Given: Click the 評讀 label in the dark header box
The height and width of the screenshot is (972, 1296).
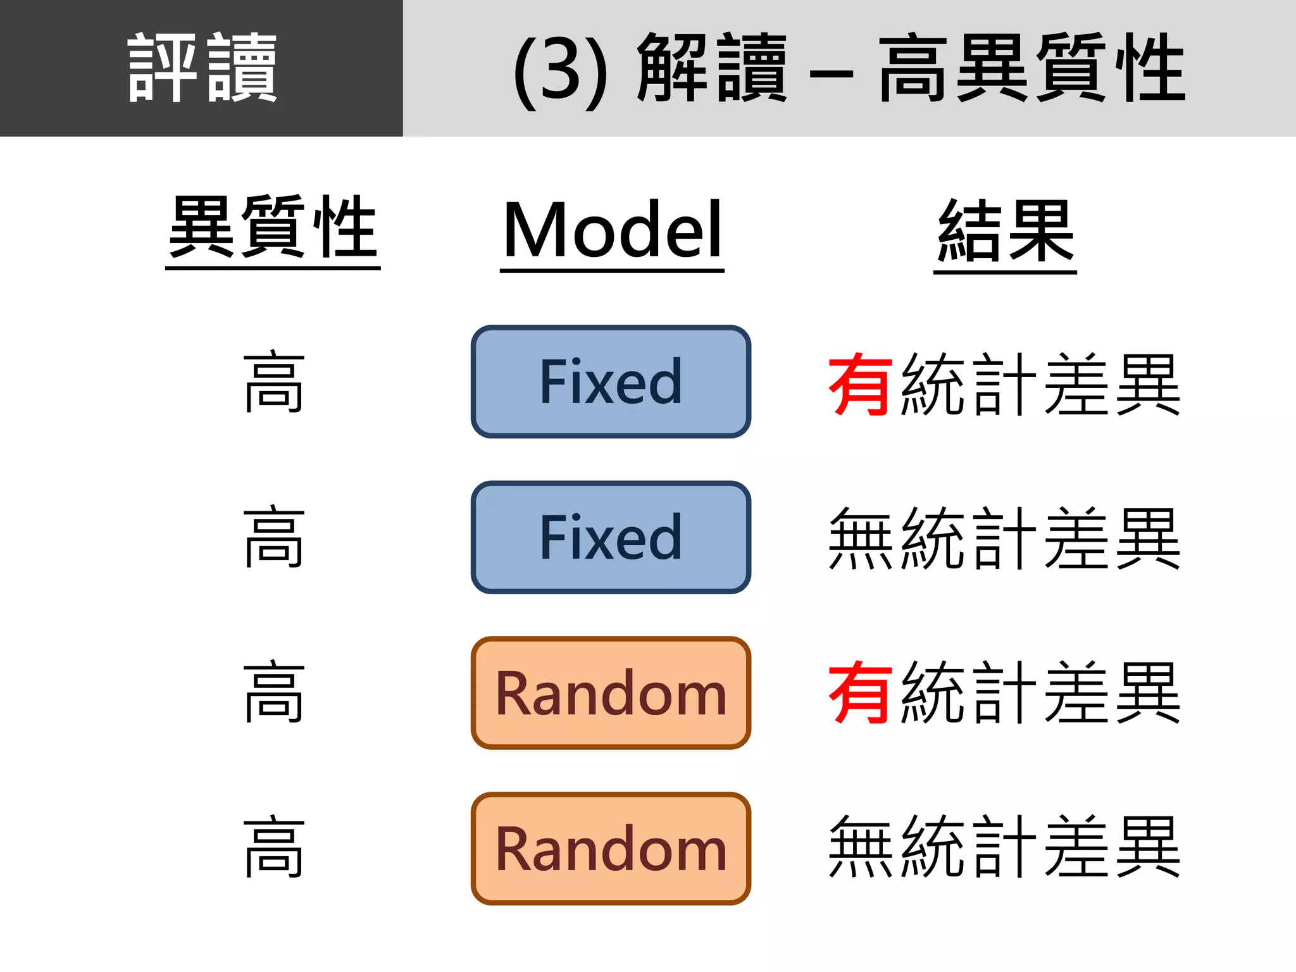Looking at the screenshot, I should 202,68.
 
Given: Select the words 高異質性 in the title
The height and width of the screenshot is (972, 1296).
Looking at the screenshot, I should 1031,68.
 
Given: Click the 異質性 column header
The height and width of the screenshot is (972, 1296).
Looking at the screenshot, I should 273,228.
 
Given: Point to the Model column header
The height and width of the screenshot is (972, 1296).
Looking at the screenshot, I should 612,229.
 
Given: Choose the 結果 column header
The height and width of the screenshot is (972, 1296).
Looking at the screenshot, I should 1005,230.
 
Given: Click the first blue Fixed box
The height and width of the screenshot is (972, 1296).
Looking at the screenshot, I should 611,382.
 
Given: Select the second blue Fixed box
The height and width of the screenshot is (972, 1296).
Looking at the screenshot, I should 611,537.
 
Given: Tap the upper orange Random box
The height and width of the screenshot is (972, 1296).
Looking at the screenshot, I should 611,693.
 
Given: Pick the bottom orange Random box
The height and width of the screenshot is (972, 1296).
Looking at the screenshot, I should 611,849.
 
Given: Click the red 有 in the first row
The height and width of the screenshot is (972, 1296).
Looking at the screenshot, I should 861,384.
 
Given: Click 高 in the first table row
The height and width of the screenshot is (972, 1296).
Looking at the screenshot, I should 274,383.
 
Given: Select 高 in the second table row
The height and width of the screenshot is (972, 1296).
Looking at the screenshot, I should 274,537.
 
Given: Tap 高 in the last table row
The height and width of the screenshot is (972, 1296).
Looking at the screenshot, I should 274,847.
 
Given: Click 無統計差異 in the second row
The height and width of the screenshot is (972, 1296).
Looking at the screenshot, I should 1004,539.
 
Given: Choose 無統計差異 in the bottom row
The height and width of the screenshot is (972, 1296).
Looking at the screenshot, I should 1004,847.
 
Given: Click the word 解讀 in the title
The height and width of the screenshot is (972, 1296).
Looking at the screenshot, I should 711,68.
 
